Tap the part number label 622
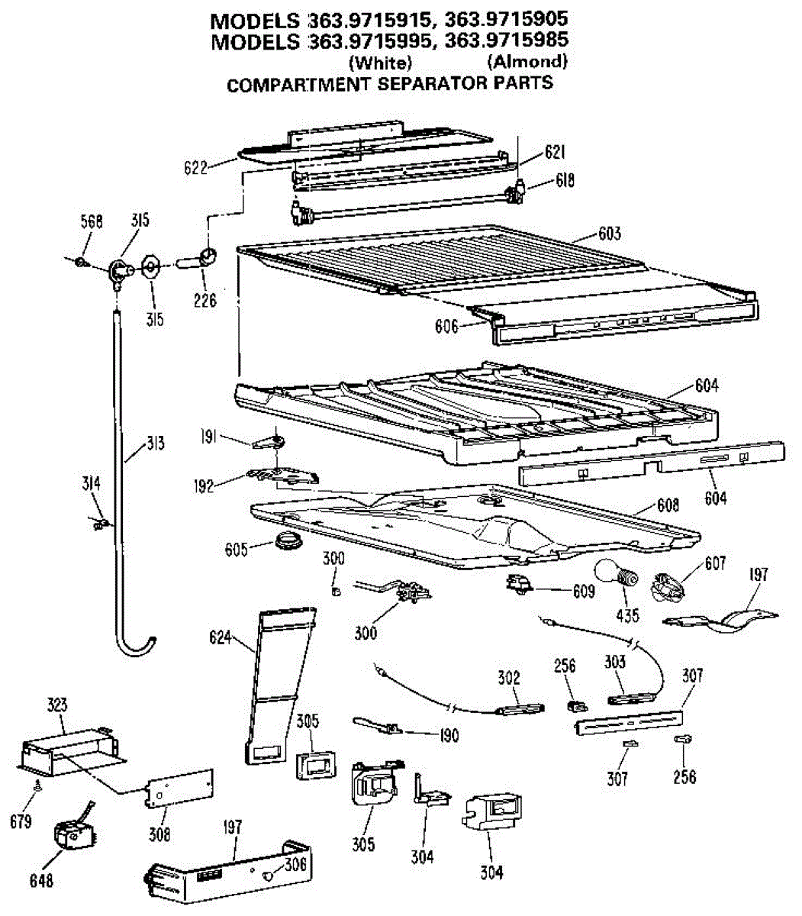tap(195, 167)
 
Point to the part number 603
tap(609, 234)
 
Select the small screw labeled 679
tap(36, 786)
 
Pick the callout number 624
tap(220, 636)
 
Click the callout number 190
tap(449, 735)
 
